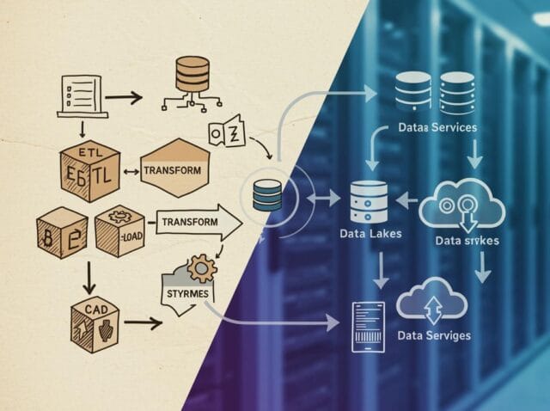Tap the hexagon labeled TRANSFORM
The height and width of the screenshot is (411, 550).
coord(174,169)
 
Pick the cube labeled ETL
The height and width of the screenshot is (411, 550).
coord(89,171)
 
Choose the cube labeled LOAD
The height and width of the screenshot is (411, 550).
coord(120,230)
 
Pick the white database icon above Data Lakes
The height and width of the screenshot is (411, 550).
coord(370,201)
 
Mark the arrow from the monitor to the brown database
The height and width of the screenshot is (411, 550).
coord(123,97)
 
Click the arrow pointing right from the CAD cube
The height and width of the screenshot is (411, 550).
coord(143,323)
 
